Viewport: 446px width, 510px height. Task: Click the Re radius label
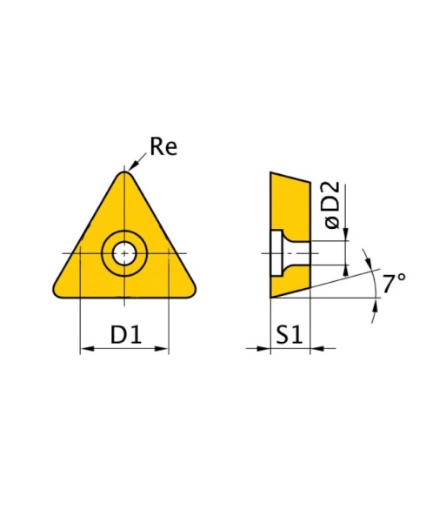click(x=163, y=147)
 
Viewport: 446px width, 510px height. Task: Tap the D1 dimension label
click(x=126, y=334)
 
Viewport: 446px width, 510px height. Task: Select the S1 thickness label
click(x=290, y=334)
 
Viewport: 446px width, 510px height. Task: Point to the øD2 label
click(x=332, y=205)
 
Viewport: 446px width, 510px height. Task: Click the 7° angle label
click(x=394, y=283)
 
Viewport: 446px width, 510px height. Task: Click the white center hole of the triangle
click(x=124, y=253)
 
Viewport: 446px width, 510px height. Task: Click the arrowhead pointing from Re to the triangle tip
click(x=132, y=167)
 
